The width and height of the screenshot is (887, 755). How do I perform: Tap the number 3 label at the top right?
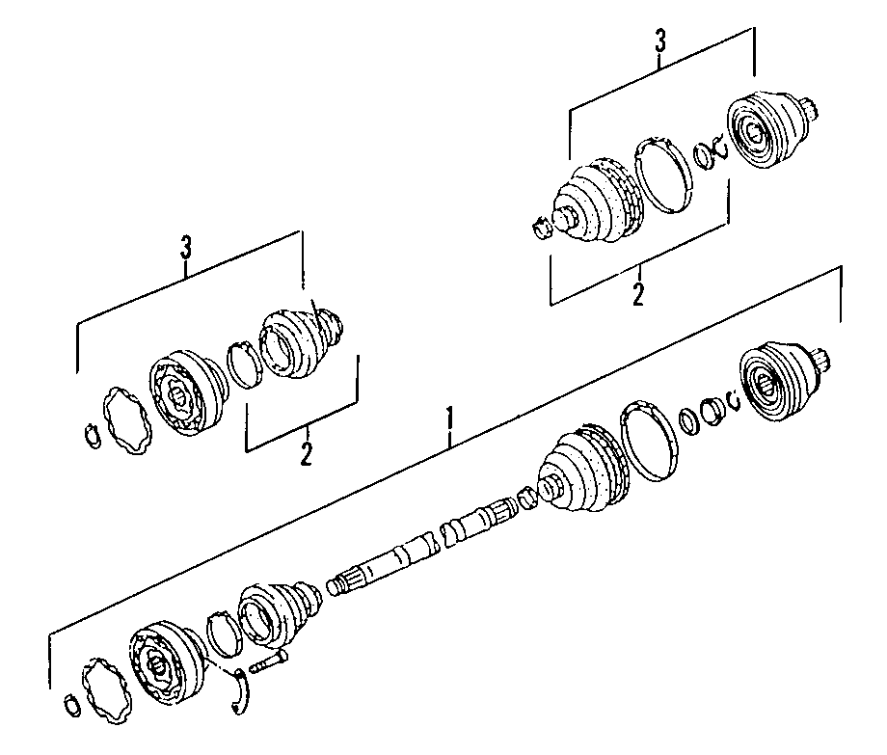pos(660,41)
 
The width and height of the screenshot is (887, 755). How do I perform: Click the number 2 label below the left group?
pos(306,454)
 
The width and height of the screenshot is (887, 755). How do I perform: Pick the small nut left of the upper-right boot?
pos(540,228)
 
